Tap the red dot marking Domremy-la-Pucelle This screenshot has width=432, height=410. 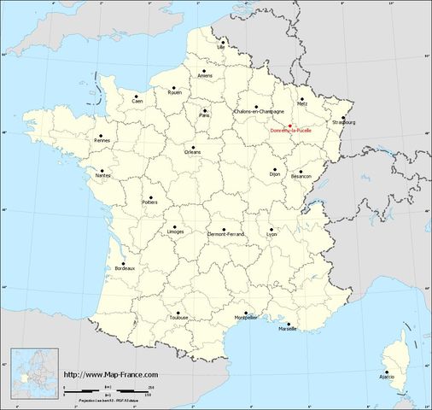290,125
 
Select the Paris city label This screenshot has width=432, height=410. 204,114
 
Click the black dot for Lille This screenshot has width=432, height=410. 221,38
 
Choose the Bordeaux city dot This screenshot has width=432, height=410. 124,264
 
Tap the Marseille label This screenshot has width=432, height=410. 288,328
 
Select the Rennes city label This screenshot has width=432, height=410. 103,143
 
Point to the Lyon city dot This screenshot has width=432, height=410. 272,228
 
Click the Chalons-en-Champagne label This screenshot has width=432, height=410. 259,112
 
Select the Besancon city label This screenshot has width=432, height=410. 301,177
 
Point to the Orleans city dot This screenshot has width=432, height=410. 194,148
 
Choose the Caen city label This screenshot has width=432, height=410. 137,101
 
